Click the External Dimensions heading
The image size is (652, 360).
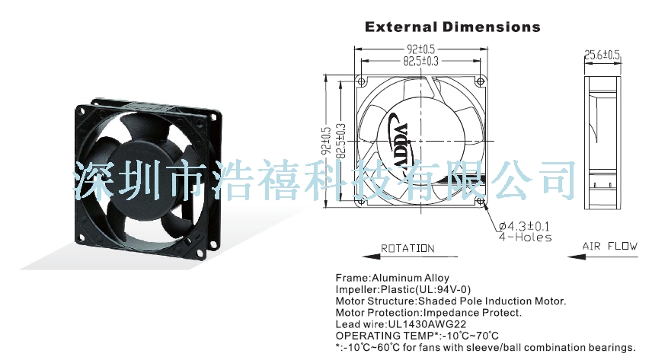pyautogui.click(x=452, y=27)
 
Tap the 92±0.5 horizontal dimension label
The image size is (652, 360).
pyautogui.click(x=420, y=50)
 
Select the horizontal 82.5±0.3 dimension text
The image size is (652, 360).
pyautogui.click(x=420, y=60)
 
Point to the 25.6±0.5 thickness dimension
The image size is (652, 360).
pyautogui.click(x=602, y=54)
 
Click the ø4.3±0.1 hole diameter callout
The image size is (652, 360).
pyautogui.click(x=526, y=226)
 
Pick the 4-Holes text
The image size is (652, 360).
pyautogui.click(x=525, y=237)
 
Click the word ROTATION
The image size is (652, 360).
pyautogui.click(x=407, y=248)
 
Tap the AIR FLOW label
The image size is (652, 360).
pyautogui.click(x=610, y=246)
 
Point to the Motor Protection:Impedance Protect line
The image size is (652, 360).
pyautogui.click(x=428, y=312)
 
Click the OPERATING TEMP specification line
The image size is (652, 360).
pyautogui.click(x=417, y=335)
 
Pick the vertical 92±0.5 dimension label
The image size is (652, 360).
pyautogui.click(x=326, y=141)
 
